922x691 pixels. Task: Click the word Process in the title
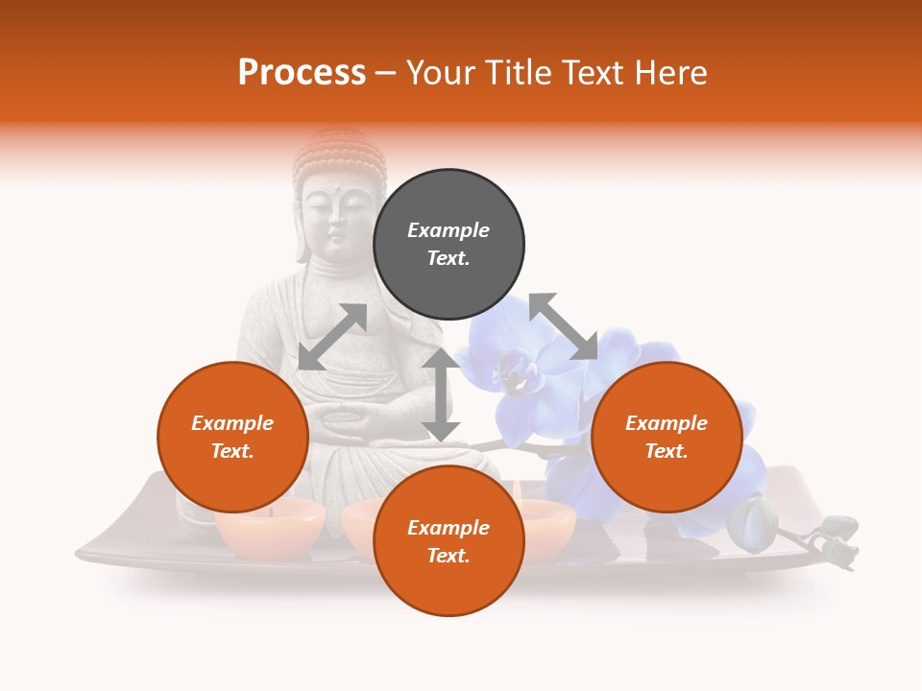pyautogui.click(x=302, y=73)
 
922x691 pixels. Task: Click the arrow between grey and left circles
pyautogui.click(x=332, y=337)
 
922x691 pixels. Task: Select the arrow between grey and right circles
pyautogui.click(x=563, y=327)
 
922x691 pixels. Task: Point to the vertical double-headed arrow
pyautogui.click(x=441, y=393)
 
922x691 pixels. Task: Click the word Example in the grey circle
pyautogui.click(x=449, y=230)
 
